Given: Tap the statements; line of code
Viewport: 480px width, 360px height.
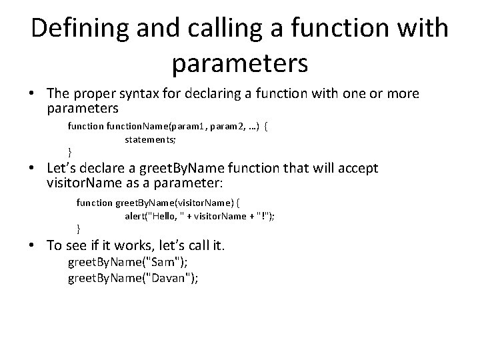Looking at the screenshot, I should pyautogui.click(x=151, y=139).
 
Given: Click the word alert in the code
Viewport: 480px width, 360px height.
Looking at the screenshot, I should pyautogui.click(x=135, y=215).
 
